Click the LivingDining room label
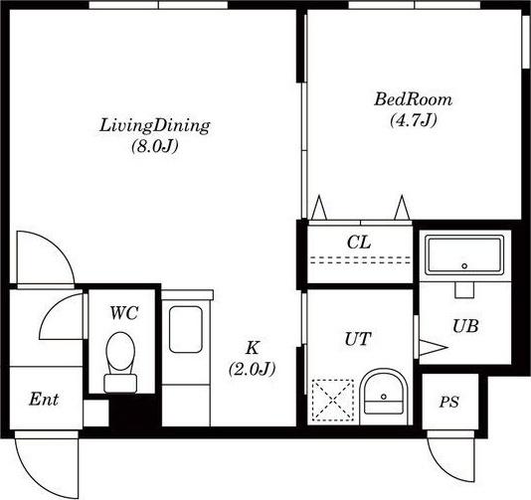click(155, 125)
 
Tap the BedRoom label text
click(413, 99)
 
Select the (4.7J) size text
click(413, 120)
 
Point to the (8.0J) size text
click(155, 146)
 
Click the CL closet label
click(359, 242)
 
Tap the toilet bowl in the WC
click(120, 362)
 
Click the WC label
click(124, 313)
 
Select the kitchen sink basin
click(186, 329)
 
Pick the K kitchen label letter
click(253, 347)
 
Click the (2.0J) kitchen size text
click(253, 369)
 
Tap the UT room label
click(358, 339)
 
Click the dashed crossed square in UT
click(332, 401)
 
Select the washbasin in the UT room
click(384, 397)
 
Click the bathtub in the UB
click(464, 255)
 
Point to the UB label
click(465, 326)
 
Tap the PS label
click(449, 402)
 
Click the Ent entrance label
click(44, 400)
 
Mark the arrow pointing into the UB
click(434, 347)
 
